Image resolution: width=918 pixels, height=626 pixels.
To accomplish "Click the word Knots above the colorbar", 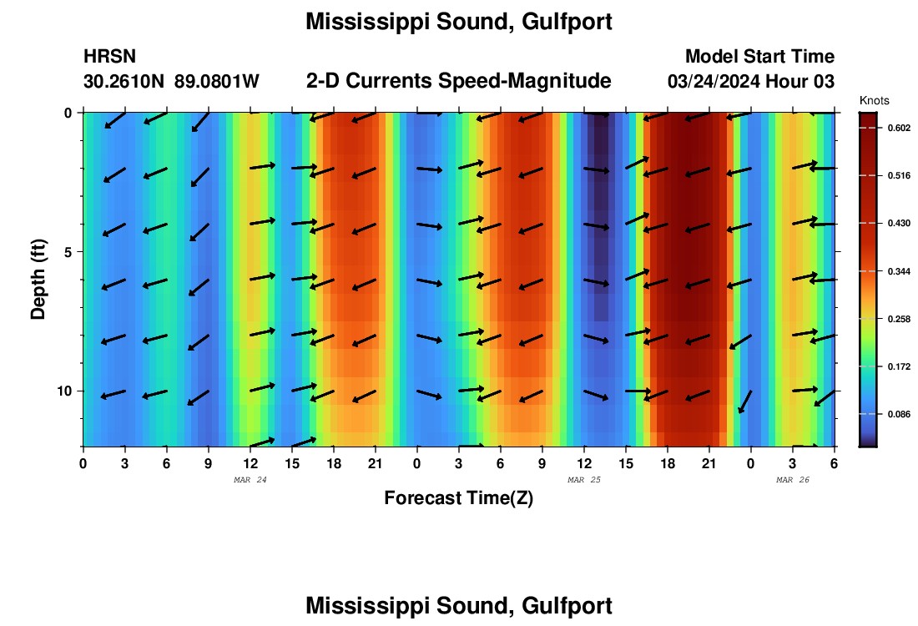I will [873, 100].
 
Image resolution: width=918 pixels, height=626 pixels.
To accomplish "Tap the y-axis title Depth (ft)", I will [38, 279].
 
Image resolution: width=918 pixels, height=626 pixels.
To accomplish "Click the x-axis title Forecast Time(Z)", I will [458, 498].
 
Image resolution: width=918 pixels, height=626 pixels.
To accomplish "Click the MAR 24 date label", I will [250, 479].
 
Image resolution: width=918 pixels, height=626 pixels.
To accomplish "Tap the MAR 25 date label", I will [584, 479].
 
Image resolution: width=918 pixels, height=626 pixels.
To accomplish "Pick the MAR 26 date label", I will [793, 479].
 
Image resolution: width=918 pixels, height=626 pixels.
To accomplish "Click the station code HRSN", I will [109, 57].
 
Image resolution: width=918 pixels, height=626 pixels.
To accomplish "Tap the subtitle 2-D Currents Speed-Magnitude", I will [458, 81].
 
